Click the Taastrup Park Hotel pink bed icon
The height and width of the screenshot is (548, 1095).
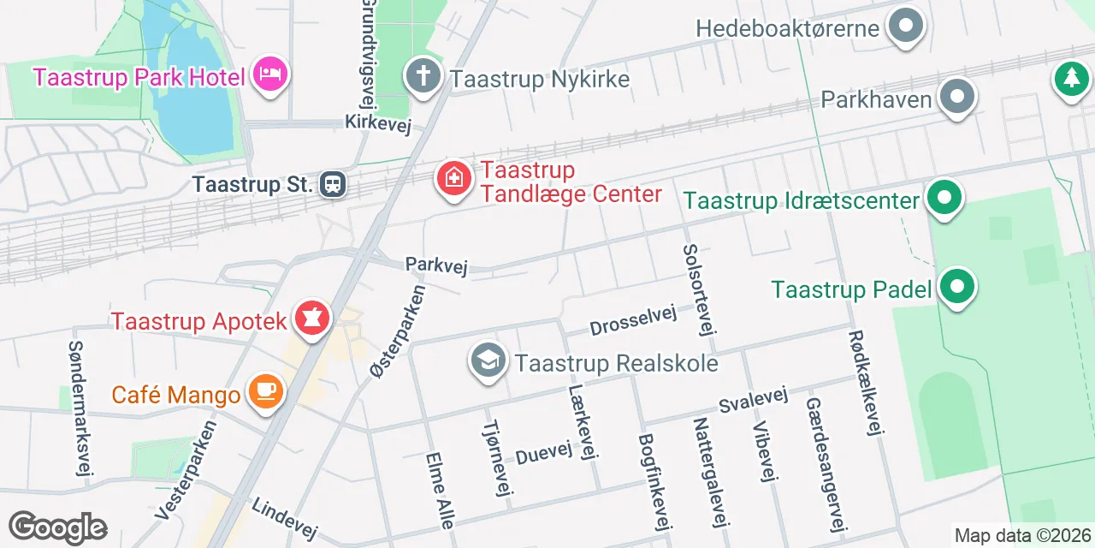click(x=270, y=75)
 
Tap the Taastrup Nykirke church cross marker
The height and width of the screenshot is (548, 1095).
click(x=423, y=76)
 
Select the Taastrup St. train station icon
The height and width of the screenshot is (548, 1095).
click(x=333, y=184)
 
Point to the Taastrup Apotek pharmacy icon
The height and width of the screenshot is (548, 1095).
click(x=311, y=319)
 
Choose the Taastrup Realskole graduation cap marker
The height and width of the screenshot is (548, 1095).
click(x=488, y=360)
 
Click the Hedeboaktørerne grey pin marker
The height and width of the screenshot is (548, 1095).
click(x=905, y=27)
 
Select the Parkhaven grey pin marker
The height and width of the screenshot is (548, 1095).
click(x=957, y=98)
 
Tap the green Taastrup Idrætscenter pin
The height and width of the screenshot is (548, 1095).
click(x=944, y=199)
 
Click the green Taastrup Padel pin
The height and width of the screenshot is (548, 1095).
click(x=957, y=288)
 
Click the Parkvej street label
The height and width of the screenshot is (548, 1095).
click(x=436, y=265)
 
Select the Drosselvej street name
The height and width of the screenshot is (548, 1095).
click(x=633, y=319)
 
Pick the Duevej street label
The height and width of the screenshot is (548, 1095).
click(x=542, y=452)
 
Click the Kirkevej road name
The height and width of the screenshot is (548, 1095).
click(x=378, y=124)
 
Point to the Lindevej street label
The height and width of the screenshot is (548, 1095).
click(x=284, y=518)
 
